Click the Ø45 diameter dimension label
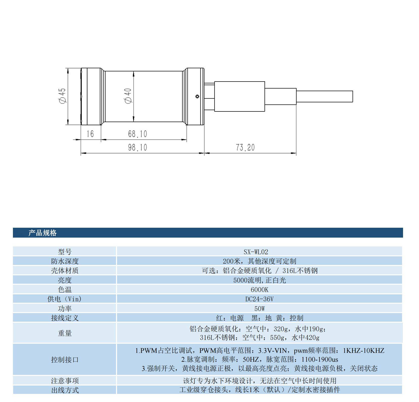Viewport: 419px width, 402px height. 62,96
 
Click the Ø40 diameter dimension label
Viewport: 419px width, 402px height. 128,96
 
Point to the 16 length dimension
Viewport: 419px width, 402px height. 90,134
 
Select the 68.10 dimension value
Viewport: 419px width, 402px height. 137,134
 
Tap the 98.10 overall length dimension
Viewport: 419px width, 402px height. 137,147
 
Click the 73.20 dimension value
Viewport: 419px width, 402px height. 245,147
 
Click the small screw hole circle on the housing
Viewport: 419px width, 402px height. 197,96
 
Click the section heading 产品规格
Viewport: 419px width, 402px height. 43,233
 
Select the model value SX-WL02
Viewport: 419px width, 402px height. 256,252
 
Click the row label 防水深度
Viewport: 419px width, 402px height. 65,261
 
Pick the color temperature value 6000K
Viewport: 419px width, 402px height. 259,290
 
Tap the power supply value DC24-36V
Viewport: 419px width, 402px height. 259,299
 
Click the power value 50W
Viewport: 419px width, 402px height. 259,309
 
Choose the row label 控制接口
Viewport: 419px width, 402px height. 65,359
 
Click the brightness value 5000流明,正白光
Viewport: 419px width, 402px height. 259,280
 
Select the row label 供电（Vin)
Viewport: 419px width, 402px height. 65,299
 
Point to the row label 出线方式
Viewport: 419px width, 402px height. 65,390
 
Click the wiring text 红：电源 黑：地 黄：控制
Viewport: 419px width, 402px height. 259,318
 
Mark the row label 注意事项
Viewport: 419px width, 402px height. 65,380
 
